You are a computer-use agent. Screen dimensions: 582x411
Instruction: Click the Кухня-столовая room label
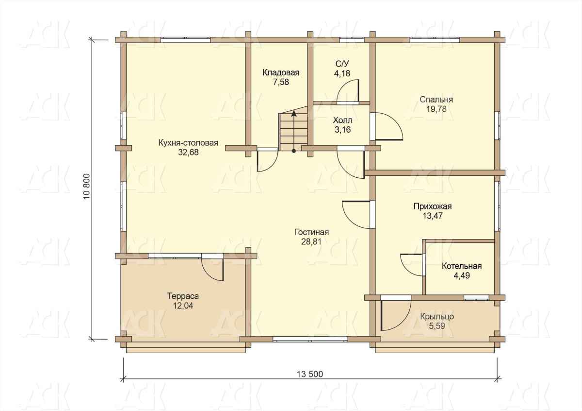[188, 143]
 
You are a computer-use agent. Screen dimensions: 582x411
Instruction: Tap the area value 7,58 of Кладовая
[281, 82]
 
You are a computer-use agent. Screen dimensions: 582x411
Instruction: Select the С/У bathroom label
[342, 64]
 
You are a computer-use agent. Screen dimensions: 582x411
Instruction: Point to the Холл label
[343, 120]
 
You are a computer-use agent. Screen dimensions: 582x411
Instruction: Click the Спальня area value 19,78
[436, 109]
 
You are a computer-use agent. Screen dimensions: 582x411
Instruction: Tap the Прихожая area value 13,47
[433, 216]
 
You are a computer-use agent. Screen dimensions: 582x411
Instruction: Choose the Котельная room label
[462, 266]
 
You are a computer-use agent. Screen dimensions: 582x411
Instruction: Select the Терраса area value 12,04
[183, 306]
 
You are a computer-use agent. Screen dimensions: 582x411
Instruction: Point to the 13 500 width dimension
[310, 374]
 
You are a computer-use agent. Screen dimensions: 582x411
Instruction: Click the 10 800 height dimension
[87, 187]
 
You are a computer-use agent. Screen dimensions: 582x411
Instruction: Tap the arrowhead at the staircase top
[294, 113]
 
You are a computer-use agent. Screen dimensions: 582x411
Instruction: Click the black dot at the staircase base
[294, 151]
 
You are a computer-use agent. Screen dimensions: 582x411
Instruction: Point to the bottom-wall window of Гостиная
[310, 339]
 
